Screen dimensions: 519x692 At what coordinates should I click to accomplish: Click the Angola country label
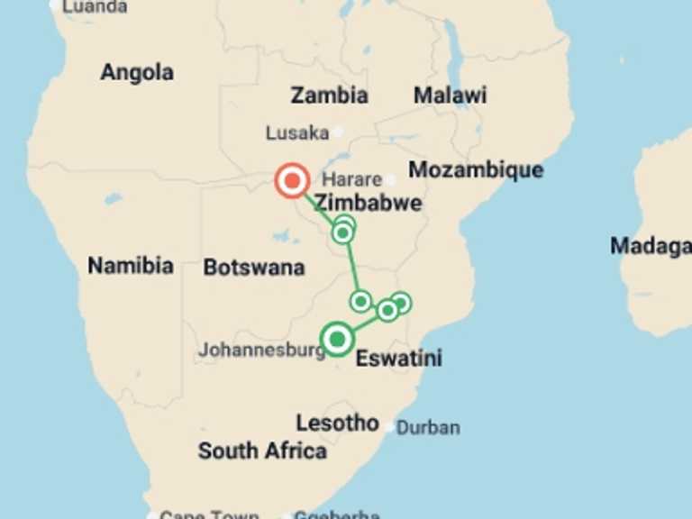click(137, 72)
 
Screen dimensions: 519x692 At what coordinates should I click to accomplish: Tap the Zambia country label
click(329, 95)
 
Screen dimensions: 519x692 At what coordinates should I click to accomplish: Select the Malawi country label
click(450, 95)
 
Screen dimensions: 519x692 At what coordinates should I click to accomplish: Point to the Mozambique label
click(476, 169)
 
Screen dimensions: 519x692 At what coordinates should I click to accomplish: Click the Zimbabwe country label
click(369, 203)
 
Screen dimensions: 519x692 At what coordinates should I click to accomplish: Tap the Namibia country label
click(130, 265)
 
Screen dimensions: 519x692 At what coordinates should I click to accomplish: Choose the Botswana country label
click(253, 267)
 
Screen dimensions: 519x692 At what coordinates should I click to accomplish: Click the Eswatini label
click(399, 359)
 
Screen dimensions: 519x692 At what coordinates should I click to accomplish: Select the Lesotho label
click(337, 422)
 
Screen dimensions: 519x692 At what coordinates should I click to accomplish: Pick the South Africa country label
click(262, 451)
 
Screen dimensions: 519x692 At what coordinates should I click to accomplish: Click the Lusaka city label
click(296, 133)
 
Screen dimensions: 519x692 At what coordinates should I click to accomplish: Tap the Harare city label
click(353, 178)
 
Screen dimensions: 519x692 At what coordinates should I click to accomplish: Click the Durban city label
click(428, 427)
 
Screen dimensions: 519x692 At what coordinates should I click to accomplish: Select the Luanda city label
click(94, 6)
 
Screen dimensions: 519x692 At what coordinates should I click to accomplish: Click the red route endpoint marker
click(292, 181)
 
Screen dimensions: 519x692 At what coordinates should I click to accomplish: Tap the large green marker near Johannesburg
click(337, 340)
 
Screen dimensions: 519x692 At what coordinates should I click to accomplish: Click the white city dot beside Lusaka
click(338, 132)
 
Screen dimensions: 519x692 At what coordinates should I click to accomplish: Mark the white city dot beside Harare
click(390, 179)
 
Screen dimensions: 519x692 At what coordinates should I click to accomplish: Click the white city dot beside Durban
click(389, 427)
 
